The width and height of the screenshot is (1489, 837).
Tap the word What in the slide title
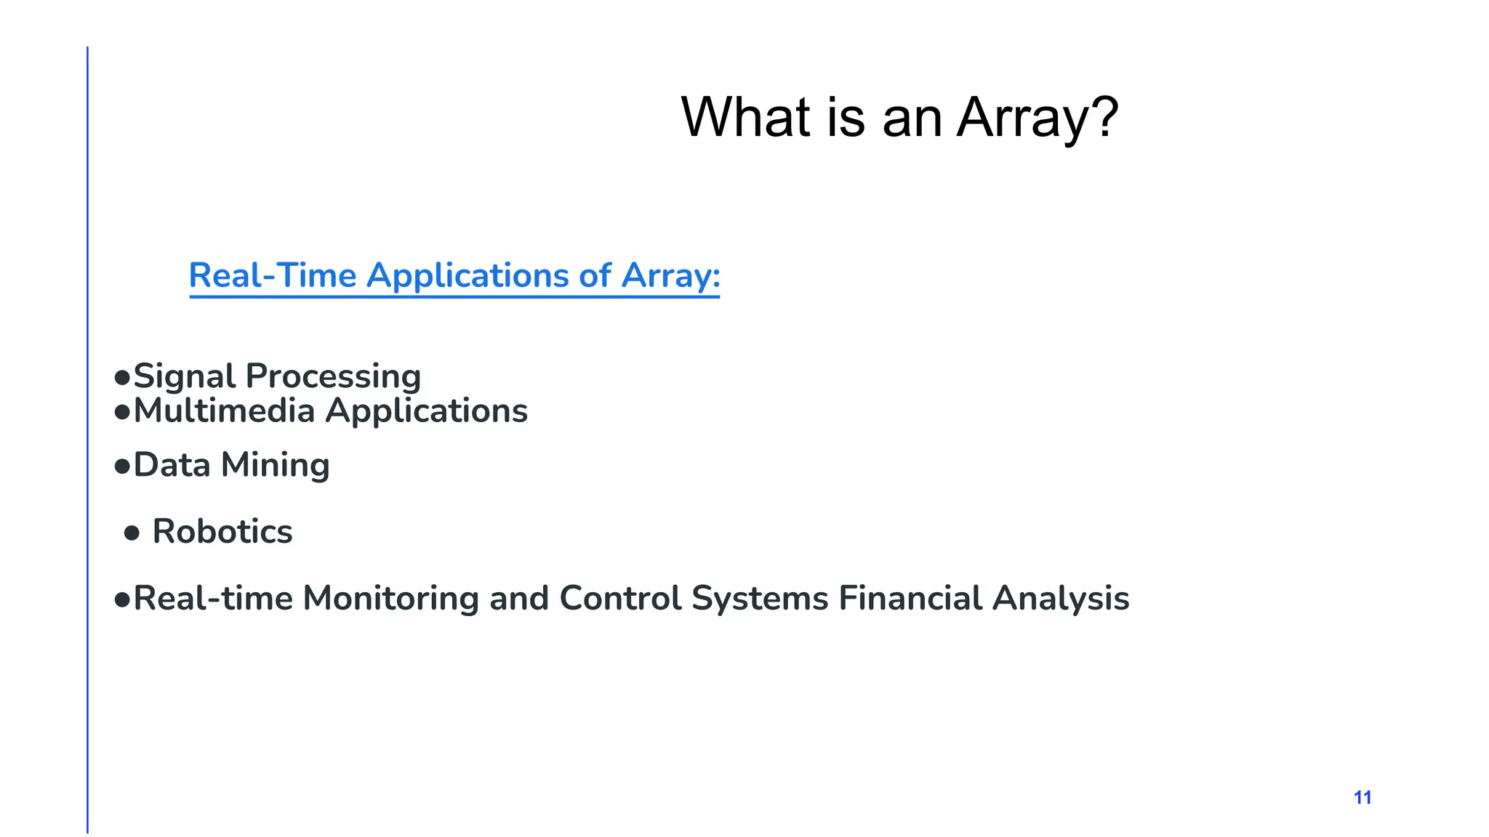click(745, 118)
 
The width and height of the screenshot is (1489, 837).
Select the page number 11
click(1362, 798)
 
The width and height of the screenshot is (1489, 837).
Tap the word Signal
click(185, 377)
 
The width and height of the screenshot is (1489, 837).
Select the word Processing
click(333, 377)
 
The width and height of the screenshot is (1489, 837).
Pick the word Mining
click(275, 466)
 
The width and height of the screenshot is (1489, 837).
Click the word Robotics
click(222, 532)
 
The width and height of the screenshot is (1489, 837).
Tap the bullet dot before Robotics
click(132, 534)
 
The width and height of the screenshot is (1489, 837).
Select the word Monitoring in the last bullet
click(390, 599)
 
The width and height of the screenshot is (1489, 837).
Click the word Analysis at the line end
click(1061, 599)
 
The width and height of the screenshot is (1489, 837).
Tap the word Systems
click(760, 599)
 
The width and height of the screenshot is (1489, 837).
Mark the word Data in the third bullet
click(172, 466)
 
